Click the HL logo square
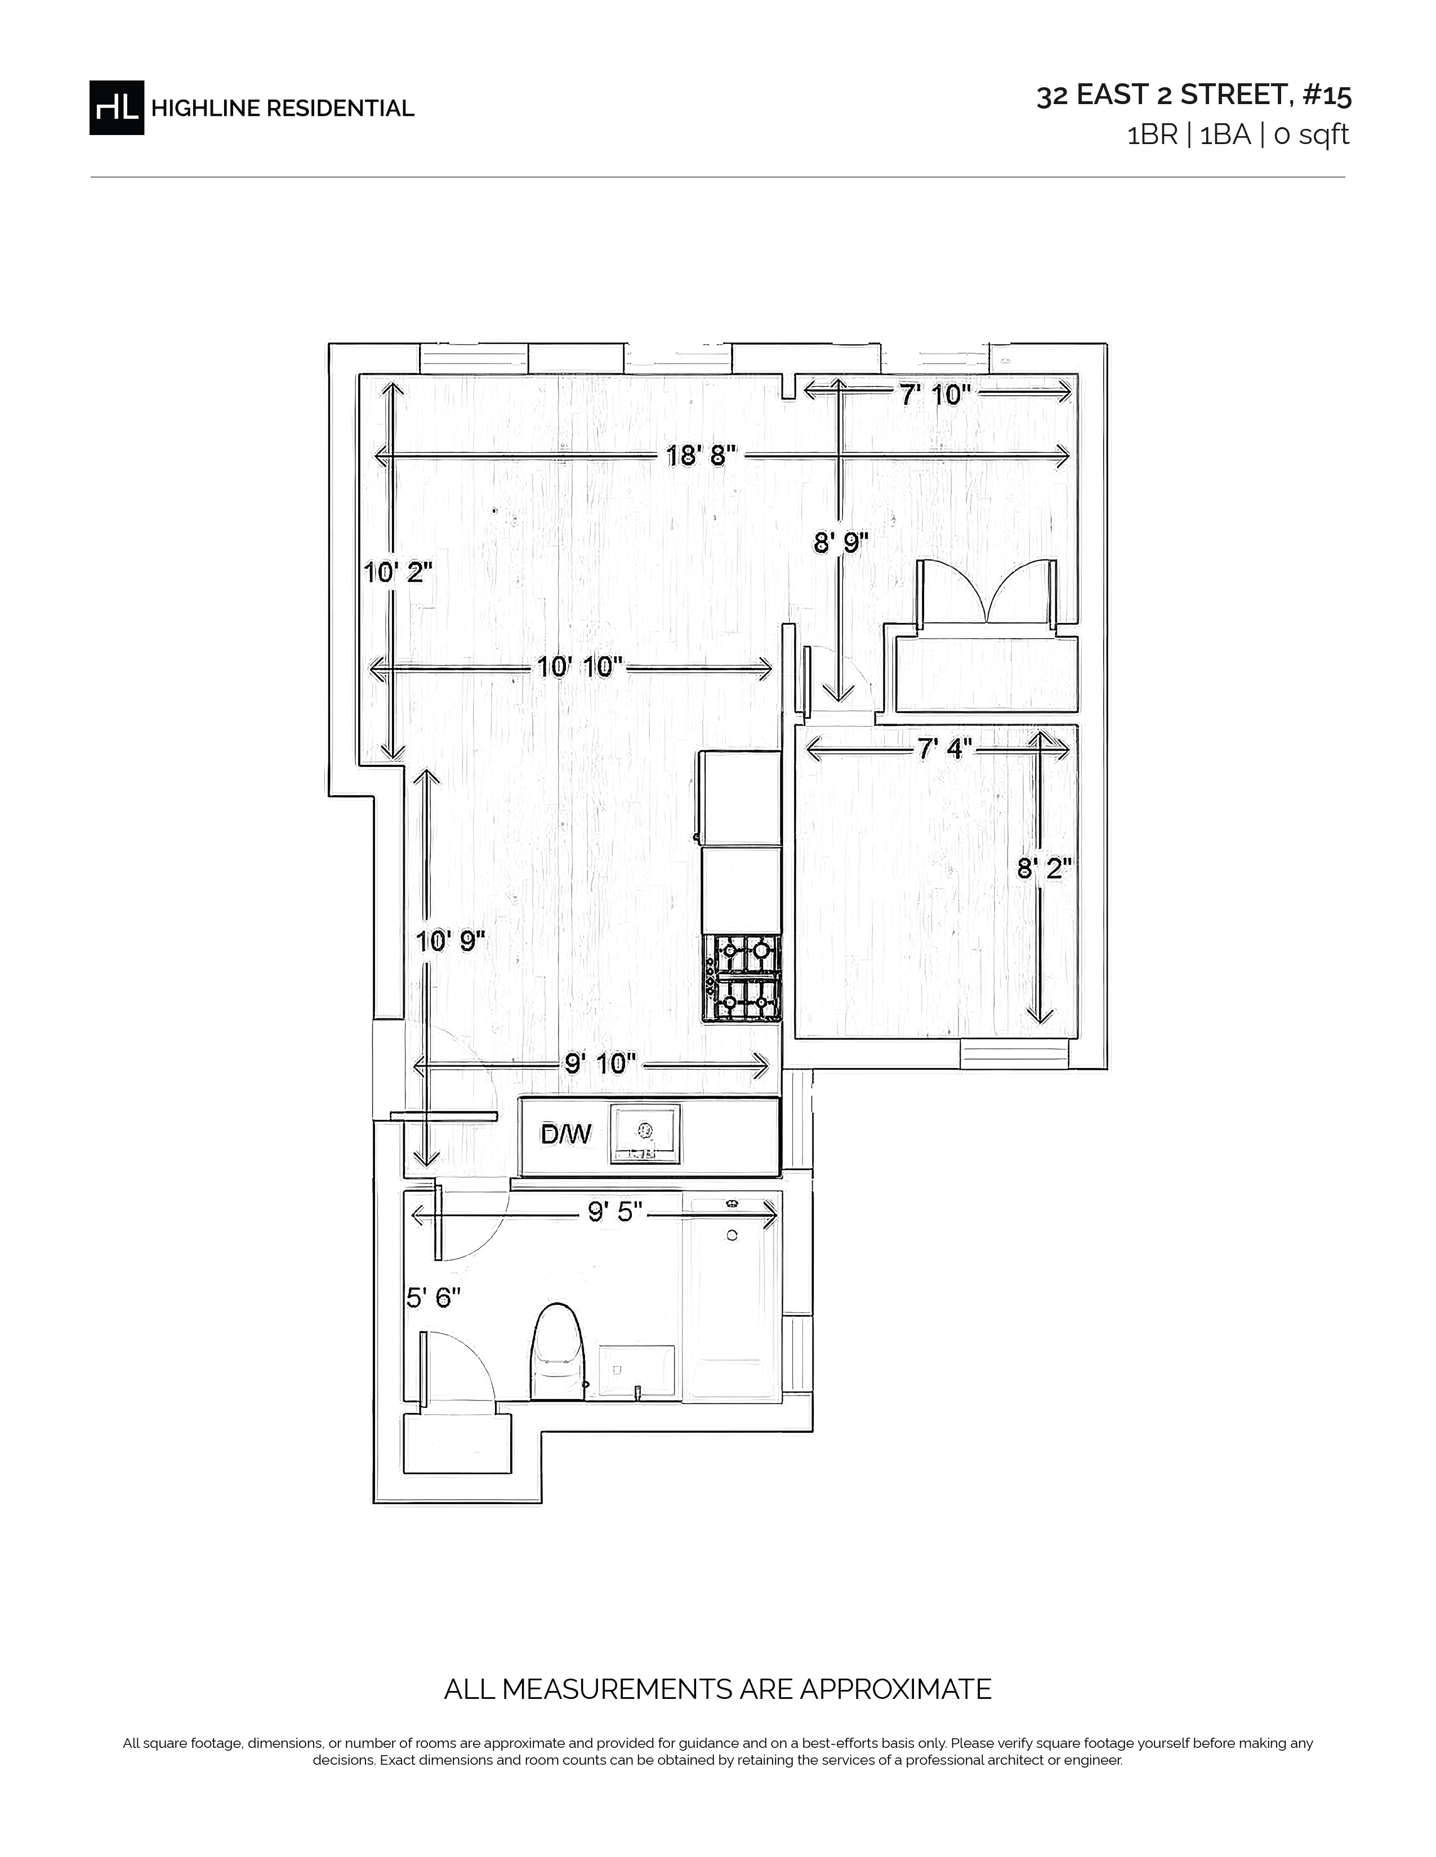pyautogui.click(x=117, y=107)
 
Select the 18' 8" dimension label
pyautogui.click(x=700, y=456)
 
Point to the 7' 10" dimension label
pyautogui.click(x=935, y=394)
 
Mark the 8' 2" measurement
pyautogui.click(x=1045, y=869)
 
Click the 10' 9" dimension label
pyautogui.click(x=450, y=941)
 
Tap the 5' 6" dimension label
pyautogui.click(x=433, y=1298)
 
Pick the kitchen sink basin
pyautogui.click(x=645, y=1133)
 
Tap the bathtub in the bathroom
pyautogui.click(x=732, y=1297)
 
